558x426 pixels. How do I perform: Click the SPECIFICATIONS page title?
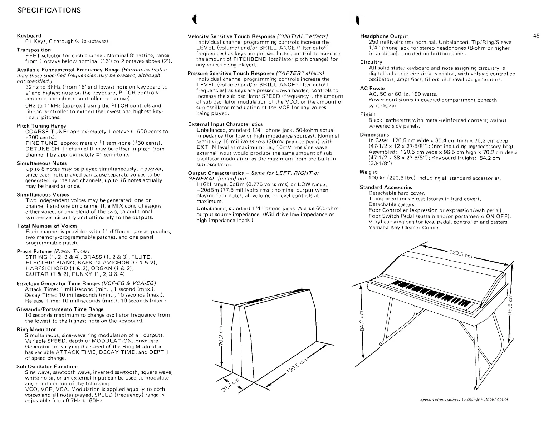click(x=49, y=10)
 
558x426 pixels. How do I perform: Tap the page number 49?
click(x=536, y=36)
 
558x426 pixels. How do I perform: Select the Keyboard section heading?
click(x=29, y=36)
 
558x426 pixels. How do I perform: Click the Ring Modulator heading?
click(x=36, y=330)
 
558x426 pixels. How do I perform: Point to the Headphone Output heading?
click(x=384, y=36)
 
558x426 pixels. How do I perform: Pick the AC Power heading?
click(x=372, y=88)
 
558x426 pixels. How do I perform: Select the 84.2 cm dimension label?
click(x=362, y=322)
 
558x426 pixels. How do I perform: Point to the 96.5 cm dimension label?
click(x=511, y=304)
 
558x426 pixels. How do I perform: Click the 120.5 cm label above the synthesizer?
click(x=461, y=253)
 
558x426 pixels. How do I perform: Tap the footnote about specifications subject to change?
click(x=464, y=399)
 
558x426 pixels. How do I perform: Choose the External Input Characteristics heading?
click(x=225, y=124)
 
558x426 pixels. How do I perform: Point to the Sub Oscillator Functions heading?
click(x=48, y=367)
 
